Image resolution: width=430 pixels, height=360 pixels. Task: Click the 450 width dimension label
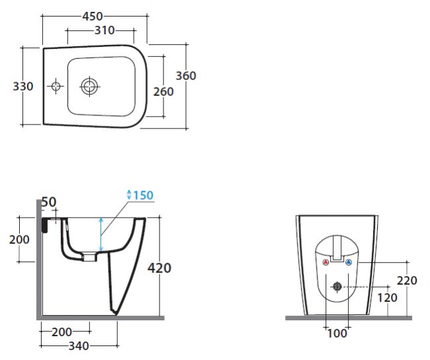(x=93, y=17)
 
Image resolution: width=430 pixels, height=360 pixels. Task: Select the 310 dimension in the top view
(x=105, y=30)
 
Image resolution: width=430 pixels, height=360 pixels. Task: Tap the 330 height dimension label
(x=23, y=87)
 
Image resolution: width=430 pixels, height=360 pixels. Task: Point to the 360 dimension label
(x=186, y=75)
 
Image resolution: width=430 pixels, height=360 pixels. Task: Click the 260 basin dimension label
(x=163, y=91)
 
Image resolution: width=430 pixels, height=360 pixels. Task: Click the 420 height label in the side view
(x=159, y=268)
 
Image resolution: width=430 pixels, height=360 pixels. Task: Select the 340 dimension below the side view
(x=79, y=346)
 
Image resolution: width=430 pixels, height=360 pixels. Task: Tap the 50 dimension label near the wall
(x=49, y=202)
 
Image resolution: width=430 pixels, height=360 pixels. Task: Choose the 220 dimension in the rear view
(x=407, y=281)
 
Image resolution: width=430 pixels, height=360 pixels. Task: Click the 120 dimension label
(x=388, y=297)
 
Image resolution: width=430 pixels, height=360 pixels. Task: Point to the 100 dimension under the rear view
(x=337, y=334)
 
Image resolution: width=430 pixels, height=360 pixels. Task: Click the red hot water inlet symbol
(x=325, y=262)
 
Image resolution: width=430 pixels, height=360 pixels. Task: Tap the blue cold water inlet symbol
(x=348, y=262)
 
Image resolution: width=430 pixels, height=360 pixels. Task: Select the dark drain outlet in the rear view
(x=337, y=287)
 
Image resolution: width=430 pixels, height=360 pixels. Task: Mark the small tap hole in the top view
(x=56, y=87)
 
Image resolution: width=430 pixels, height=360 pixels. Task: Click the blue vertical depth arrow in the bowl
(x=101, y=234)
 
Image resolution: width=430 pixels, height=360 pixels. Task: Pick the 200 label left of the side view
(x=19, y=240)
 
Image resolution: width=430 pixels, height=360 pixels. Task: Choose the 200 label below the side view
(x=62, y=332)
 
